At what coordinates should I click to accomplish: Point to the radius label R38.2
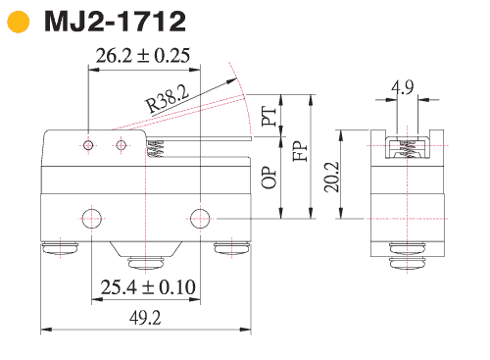(x=167, y=97)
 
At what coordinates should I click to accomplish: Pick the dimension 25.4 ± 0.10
(x=147, y=286)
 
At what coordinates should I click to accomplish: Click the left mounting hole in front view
(x=91, y=217)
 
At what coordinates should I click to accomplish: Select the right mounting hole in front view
(x=200, y=217)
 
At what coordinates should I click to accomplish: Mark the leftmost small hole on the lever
(x=89, y=145)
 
